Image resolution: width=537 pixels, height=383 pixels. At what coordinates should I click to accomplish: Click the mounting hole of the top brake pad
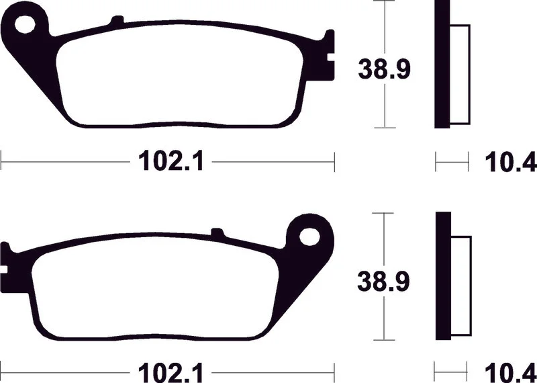point(26,24)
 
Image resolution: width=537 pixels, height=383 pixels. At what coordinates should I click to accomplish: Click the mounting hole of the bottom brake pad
point(309,237)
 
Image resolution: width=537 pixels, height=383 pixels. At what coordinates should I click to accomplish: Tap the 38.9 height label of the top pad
point(384,70)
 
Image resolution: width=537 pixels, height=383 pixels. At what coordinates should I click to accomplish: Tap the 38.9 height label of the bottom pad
point(383,281)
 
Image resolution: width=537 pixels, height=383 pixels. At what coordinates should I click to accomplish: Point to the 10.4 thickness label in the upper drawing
point(511,162)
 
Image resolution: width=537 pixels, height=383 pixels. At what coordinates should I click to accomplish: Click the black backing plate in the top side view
point(442,64)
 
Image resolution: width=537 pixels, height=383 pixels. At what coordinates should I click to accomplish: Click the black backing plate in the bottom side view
point(443,277)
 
